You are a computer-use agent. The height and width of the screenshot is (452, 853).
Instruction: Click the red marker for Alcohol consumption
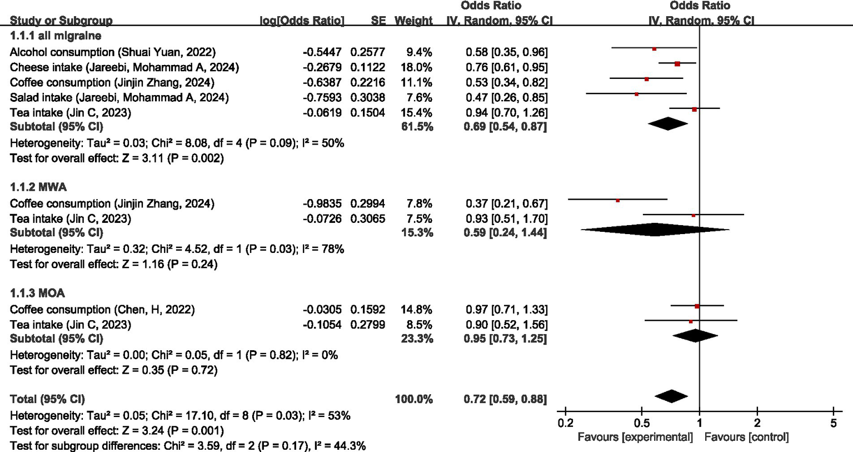pyautogui.click(x=654, y=49)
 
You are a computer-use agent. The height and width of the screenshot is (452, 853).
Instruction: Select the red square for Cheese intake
pyautogui.click(x=677, y=64)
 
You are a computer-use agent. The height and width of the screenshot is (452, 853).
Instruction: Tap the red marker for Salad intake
pyautogui.click(x=636, y=95)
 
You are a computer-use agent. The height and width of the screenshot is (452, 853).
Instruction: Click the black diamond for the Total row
pyautogui.click(x=671, y=396)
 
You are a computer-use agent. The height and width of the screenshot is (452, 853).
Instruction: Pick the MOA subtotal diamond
pyautogui.click(x=695, y=335)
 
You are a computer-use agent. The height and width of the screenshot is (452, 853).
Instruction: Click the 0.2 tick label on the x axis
pyautogui.click(x=565, y=423)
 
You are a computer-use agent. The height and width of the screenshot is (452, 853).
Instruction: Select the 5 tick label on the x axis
pyautogui.click(x=834, y=423)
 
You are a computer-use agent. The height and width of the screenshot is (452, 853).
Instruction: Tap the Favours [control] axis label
pyautogui.click(x=746, y=437)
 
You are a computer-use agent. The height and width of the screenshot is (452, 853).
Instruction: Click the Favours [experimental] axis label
pyautogui.click(x=635, y=437)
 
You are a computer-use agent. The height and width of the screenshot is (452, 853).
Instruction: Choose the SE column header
pyautogui.click(x=378, y=21)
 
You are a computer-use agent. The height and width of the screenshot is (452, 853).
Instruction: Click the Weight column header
pyautogui.click(x=413, y=21)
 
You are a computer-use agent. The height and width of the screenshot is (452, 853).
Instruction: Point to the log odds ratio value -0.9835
pyautogui.click(x=322, y=203)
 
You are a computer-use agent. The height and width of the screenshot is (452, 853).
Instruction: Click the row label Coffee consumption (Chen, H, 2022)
pyautogui.click(x=102, y=310)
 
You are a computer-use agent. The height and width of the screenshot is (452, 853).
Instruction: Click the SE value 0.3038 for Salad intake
pyautogui.click(x=367, y=98)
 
